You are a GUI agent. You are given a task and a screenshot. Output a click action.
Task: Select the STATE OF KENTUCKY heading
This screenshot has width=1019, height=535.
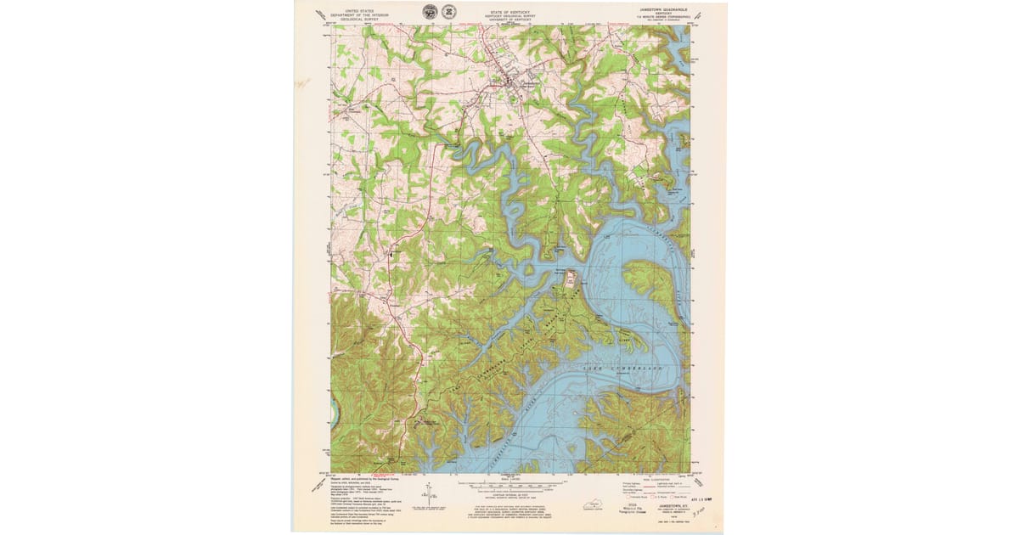pyautogui.click(x=508, y=8)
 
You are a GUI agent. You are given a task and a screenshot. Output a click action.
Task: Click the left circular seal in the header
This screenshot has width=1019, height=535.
pyautogui.click(x=430, y=11)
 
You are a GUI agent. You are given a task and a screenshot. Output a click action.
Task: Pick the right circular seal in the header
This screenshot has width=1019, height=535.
pyautogui.click(x=448, y=11)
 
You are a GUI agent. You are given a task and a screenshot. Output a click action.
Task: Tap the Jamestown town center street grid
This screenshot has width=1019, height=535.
pyautogui.click(x=515, y=82)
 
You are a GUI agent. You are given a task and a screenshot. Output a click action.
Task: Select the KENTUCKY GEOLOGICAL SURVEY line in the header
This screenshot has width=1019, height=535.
pyautogui.click(x=508, y=14)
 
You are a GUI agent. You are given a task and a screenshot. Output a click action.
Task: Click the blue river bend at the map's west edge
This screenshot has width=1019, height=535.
pyautogui.click(x=334, y=413)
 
